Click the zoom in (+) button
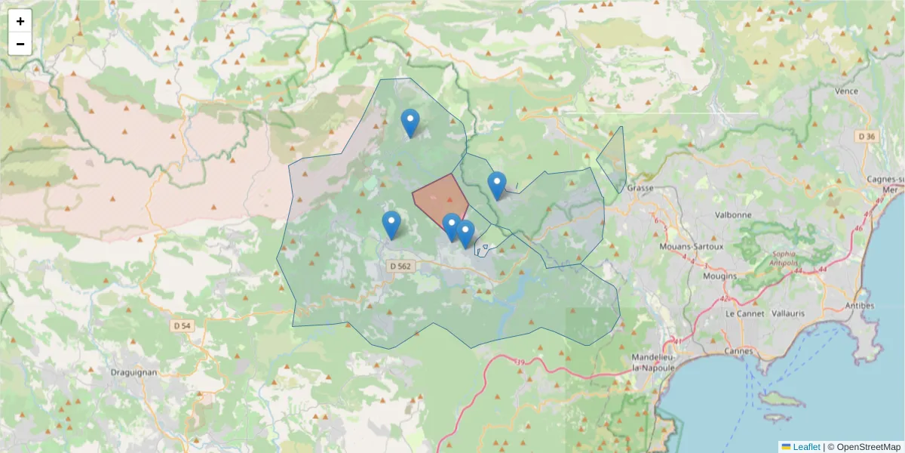click(20, 21)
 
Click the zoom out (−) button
click(20, 44)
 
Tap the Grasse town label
click(640, 187)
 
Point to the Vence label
click(847, 91)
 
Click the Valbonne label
click(733, 214)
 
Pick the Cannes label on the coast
click(738, 351)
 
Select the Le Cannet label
click(744, 313)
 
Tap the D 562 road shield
click(402, 266)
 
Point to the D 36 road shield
click(867, 136)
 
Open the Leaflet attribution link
click(805, 447)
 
